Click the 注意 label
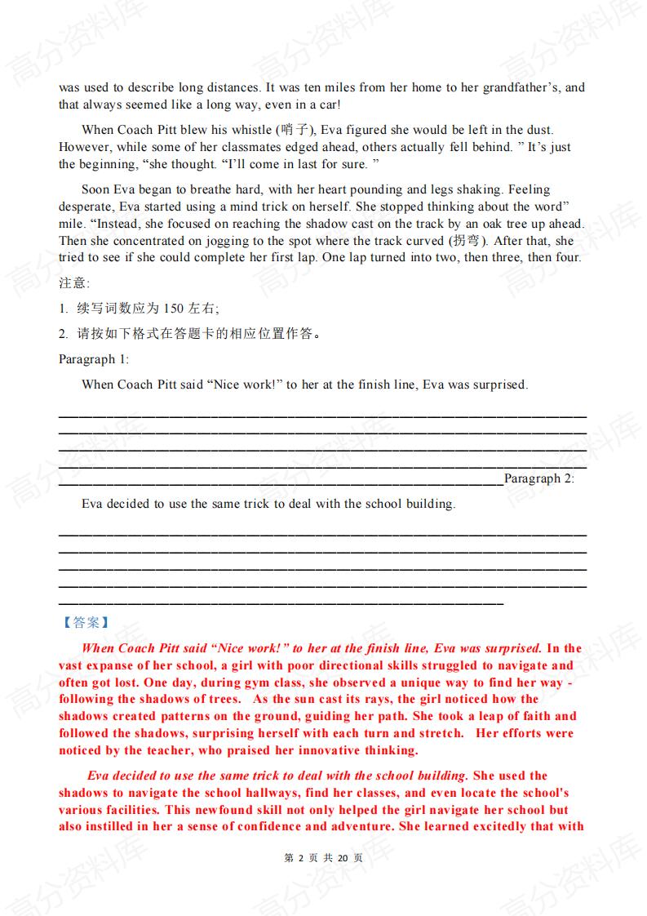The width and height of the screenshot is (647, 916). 74,282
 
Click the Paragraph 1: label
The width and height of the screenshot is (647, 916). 94,359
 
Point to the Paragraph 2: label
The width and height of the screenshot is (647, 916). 539,478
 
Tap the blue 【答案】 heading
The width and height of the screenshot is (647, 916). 86,622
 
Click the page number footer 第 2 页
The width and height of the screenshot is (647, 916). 299,858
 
